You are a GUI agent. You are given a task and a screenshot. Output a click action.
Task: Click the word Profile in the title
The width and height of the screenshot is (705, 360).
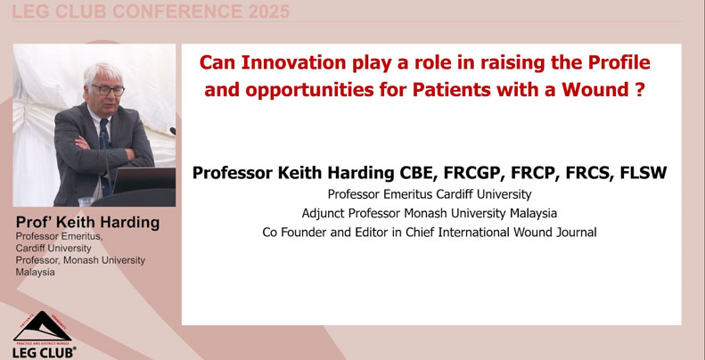[614, 64]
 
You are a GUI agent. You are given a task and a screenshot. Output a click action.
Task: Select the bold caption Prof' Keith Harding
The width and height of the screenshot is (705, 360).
[87, 221]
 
